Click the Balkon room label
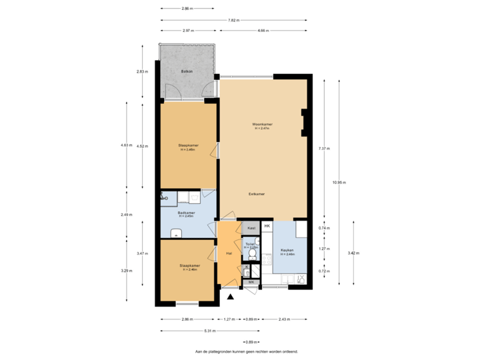coord(187,71)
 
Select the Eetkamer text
coord(257,194)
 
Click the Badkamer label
coord(186,213)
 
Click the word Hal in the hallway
coord(229,253)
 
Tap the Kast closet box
coord(251,228)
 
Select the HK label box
coord(267,227)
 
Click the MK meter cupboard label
coord(251,283)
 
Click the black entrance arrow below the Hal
coord(231,295)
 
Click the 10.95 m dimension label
coord(340,182)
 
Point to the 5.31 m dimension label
coord(210,330)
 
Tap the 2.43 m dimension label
coord(284,319)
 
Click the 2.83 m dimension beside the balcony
coord(141,71)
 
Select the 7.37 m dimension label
coord(323,148)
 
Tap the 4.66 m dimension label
coord(263,31)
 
